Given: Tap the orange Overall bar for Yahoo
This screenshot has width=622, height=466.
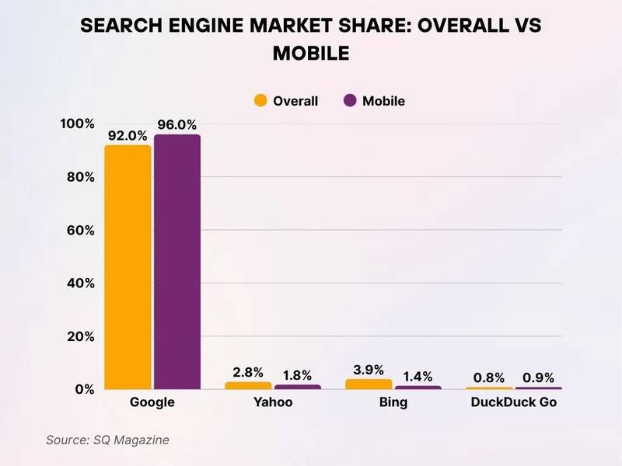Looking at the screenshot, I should [248, 385].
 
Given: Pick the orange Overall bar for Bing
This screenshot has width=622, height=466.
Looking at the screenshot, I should [369, 384].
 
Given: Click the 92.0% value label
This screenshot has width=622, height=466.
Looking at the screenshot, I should [128, 135].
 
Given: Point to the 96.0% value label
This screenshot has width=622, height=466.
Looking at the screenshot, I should [177, 124].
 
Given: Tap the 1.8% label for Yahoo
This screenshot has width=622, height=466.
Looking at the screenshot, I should [297, 374].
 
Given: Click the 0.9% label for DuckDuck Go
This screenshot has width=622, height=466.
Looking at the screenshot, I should [538, 377].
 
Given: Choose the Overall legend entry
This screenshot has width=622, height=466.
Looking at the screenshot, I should [286, 101].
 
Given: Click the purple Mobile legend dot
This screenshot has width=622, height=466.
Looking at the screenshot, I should [350, 101].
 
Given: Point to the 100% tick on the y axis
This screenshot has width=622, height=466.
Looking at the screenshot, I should [77, 124].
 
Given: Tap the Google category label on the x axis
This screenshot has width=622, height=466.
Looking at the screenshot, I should [152, 403].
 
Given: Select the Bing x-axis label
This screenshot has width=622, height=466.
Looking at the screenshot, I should [393, 403].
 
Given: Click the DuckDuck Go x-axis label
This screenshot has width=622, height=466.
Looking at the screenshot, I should [514, 403].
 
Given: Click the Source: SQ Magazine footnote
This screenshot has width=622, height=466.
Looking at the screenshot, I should [107, 440].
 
